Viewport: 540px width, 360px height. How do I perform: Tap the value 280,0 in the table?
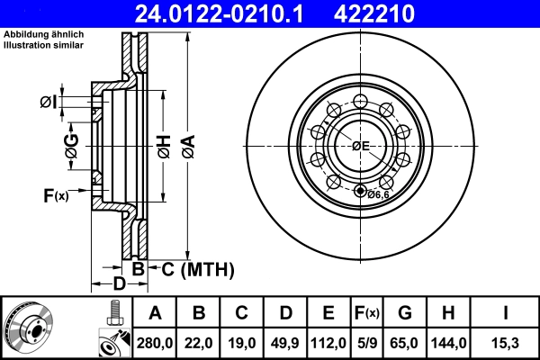tap(156, 341)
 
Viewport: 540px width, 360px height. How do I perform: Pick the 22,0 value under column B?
tap(200, 341)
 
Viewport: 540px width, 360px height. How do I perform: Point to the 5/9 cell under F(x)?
tap(366, 341)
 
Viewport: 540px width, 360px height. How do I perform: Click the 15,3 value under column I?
tap(504, 341)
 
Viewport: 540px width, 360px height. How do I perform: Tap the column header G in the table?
tap(405, 313)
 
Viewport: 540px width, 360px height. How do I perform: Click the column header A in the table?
tap(156, 313)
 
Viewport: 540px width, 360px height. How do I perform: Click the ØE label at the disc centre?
tap(361, 146)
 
